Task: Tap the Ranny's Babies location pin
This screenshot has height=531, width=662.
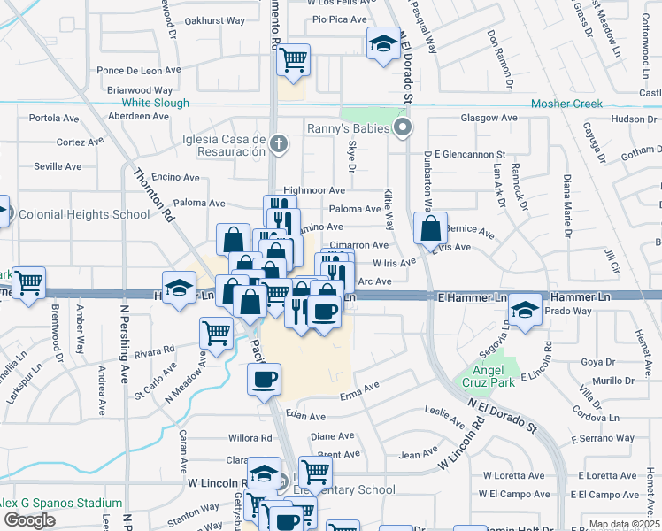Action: (404, 129)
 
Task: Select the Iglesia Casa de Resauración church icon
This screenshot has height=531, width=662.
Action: (279, 142)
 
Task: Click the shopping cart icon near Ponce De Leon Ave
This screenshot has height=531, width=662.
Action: (292, 60)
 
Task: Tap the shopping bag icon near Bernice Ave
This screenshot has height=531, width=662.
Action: (430, 229)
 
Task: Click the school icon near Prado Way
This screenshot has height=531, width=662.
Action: (526, 310)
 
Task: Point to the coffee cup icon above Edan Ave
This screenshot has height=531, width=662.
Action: (265, 381)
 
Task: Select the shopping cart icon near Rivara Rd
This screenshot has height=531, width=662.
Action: (217, 333)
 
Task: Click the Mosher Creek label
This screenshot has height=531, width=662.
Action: (566, 104)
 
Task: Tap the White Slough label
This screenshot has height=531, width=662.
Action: (155, 104)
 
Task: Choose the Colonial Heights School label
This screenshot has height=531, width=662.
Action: (84, 214)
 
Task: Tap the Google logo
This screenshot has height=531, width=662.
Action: (29, 520)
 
